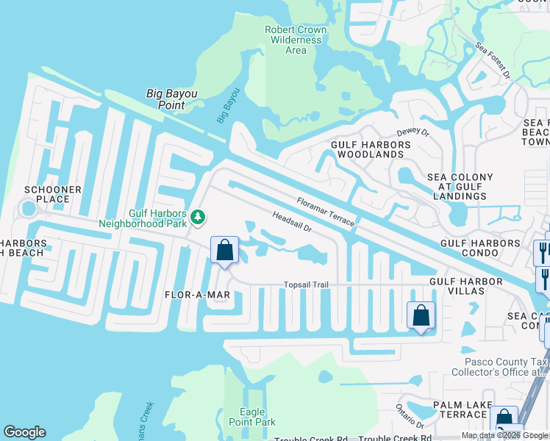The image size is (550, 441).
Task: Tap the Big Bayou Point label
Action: (x=165, y=99)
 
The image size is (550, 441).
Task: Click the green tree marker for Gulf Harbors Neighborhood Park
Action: (x=197, y=217)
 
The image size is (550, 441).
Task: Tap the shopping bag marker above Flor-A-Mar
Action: (x=225, y=250)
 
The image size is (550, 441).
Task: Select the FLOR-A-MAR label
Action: (x=198, y=295)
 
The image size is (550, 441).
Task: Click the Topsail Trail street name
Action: (x=306, y=285)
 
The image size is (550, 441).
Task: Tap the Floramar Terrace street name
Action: (x=326, y=212)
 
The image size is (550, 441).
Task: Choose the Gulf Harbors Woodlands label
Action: (x=367, y=150)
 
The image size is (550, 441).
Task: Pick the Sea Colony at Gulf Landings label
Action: (x=460, y=187)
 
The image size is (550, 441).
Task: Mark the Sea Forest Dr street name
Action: (x=493, y=60)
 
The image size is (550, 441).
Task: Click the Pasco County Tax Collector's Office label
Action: (x=506, y=367)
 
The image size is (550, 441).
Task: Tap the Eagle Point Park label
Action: (x=252, y=417)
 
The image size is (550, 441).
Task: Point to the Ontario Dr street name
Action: (x=410, y=416)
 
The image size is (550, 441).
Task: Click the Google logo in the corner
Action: (x=24, y=432)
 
